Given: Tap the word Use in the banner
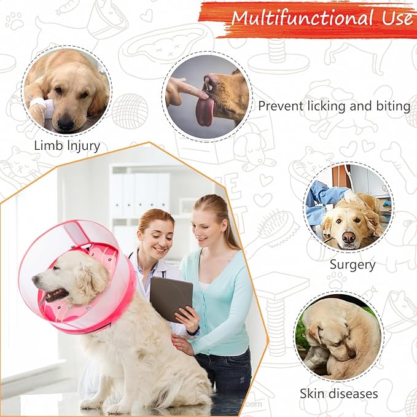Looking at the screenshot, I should [x=396, y=18].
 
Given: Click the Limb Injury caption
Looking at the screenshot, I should [x=67, y=146].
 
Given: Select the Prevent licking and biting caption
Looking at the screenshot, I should [x=334, y=106].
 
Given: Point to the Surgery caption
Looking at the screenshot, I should [x=353, y=265].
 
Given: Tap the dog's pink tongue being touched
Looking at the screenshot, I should [x=205, y=111].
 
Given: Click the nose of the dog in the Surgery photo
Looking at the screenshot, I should [x=349, y=236].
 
